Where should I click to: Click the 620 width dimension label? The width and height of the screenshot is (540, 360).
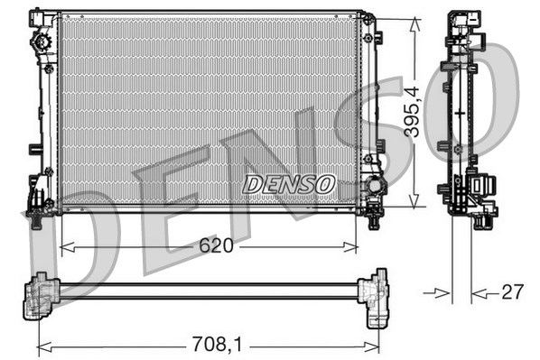click(210, 245)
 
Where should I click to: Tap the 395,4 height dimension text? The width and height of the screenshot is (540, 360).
click(412, 111)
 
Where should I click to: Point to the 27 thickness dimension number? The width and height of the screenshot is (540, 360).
click(512, 291)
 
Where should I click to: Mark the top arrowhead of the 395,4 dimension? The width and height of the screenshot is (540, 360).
click(414, 20)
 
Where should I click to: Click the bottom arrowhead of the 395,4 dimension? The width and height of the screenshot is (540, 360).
click(414, 203)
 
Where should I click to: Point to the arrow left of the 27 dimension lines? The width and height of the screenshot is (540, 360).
click(440, 291)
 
